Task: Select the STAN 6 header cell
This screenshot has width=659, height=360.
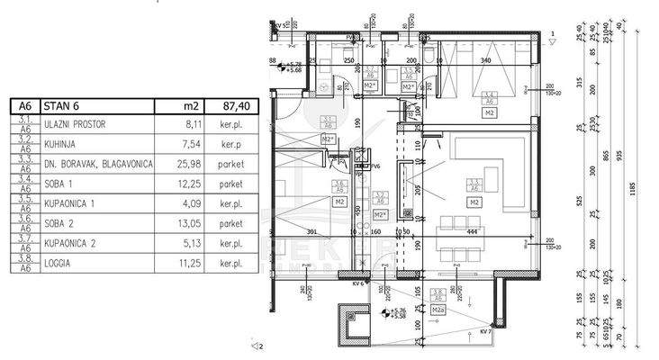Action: (x=64, y=106)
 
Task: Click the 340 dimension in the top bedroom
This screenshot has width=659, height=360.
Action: (x=486, y=60)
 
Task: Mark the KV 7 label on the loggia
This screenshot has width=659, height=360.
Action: (x=486, y=331)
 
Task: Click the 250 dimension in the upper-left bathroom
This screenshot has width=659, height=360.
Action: (x=348, y=60)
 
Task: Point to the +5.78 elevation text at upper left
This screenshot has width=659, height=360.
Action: (x=293, y=62)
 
